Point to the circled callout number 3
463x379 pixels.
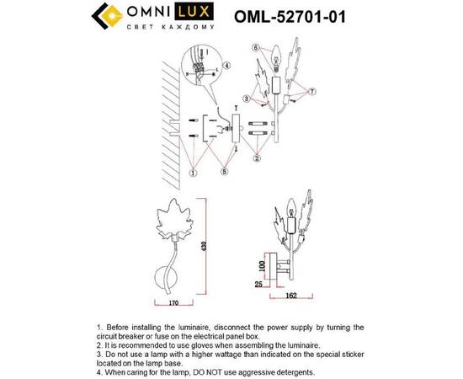coord(245,99)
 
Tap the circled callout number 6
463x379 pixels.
coord(253,48)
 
